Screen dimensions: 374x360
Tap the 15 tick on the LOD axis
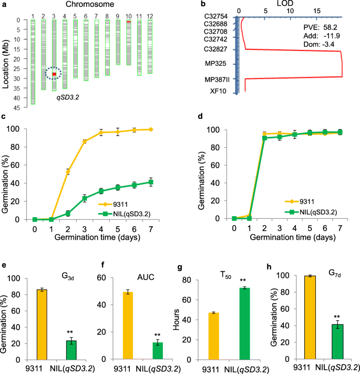click(x=317, y=11)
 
